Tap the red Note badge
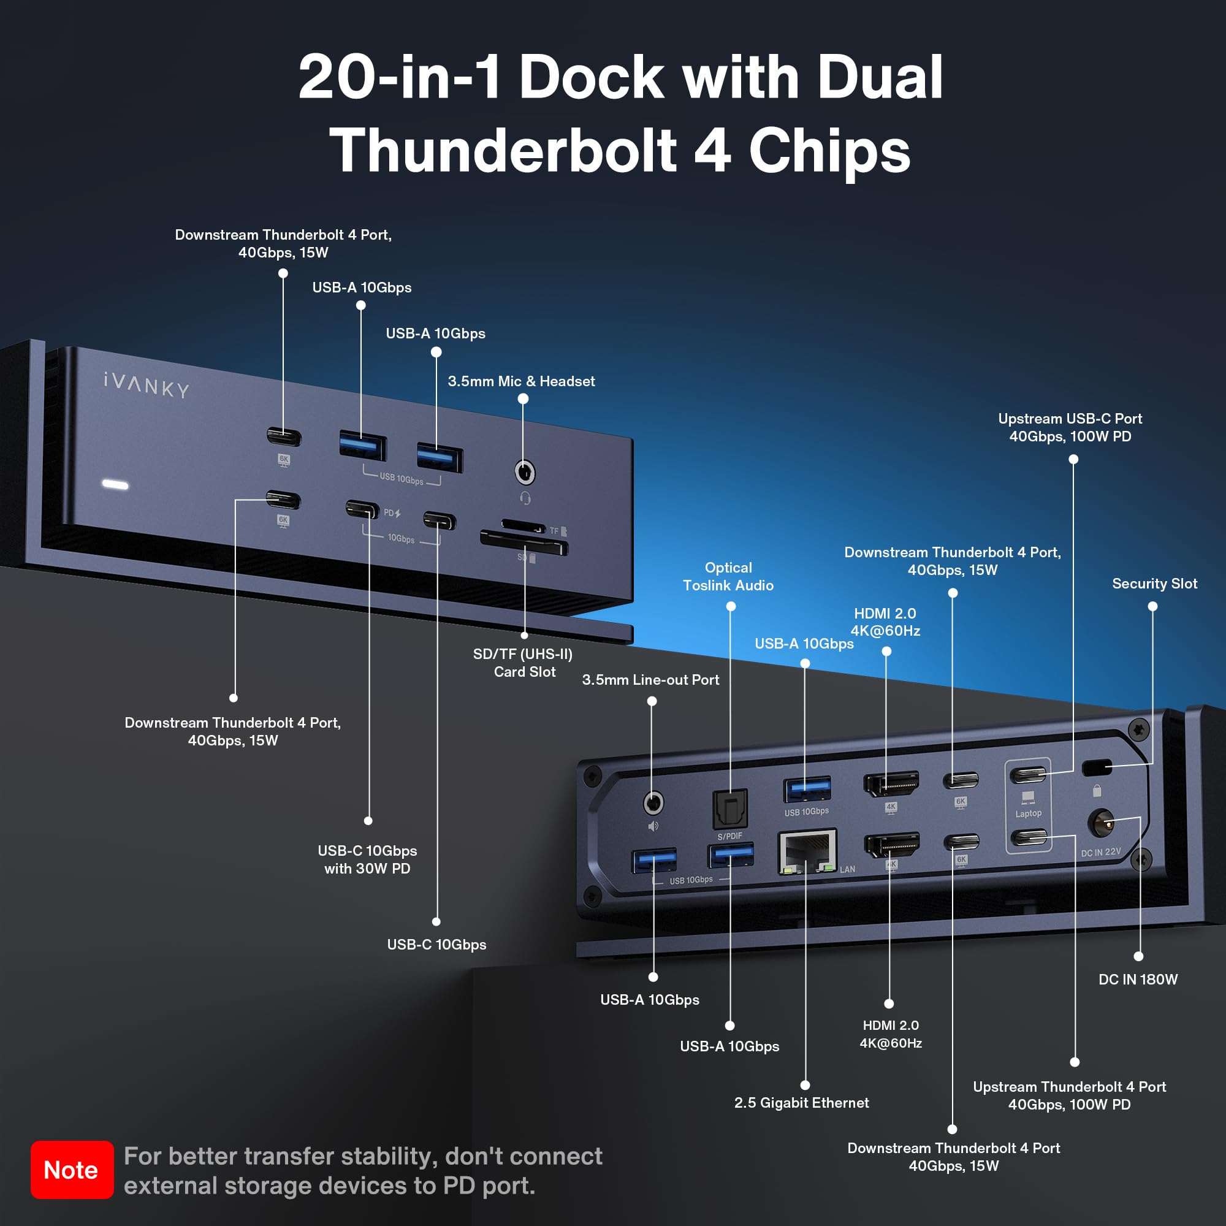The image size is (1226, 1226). [x=72, y=1170]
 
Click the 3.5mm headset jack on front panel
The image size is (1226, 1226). [x=524, y=472]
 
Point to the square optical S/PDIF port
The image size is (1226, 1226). [x=729, y=809]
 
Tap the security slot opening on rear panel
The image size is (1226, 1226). [x=1097, y=768]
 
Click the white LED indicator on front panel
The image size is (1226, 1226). [x=115, y=485]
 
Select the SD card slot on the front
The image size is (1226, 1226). [x=524, y=543]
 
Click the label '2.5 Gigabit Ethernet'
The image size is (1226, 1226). [x=801, y=1103]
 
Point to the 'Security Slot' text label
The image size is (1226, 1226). [x=1154, y=584]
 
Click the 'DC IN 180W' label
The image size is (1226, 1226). [x=1138, y=979]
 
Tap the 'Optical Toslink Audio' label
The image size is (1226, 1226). [x=728, y=576]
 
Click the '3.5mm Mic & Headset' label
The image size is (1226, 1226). [x=521, y=381]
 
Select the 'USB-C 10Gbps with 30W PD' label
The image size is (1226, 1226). [x=367, y=859]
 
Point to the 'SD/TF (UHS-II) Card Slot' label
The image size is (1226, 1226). [x=523, y=663]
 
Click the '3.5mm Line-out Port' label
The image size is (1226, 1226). [x=650, y=680]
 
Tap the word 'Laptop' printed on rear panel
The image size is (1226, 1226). [x=1028, y=813]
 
